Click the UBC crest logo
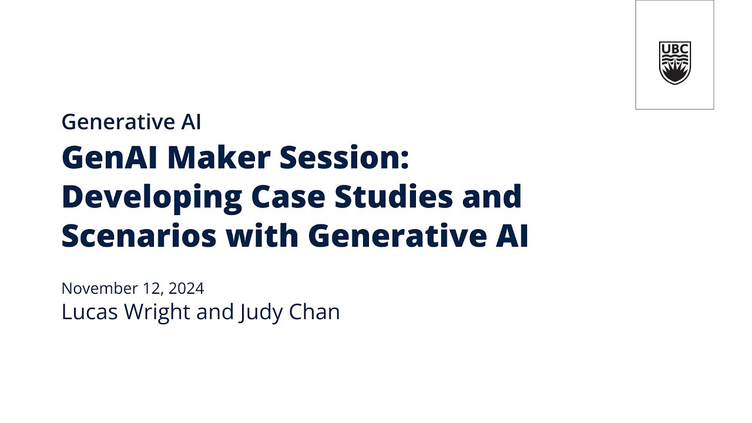[x=674, y=63]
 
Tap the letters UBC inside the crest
[x=674, y=48]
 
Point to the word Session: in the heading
[x=344, y=157]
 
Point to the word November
[x=99, y=288]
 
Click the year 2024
[x=186, y=288]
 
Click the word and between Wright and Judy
[x=215, y=312]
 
